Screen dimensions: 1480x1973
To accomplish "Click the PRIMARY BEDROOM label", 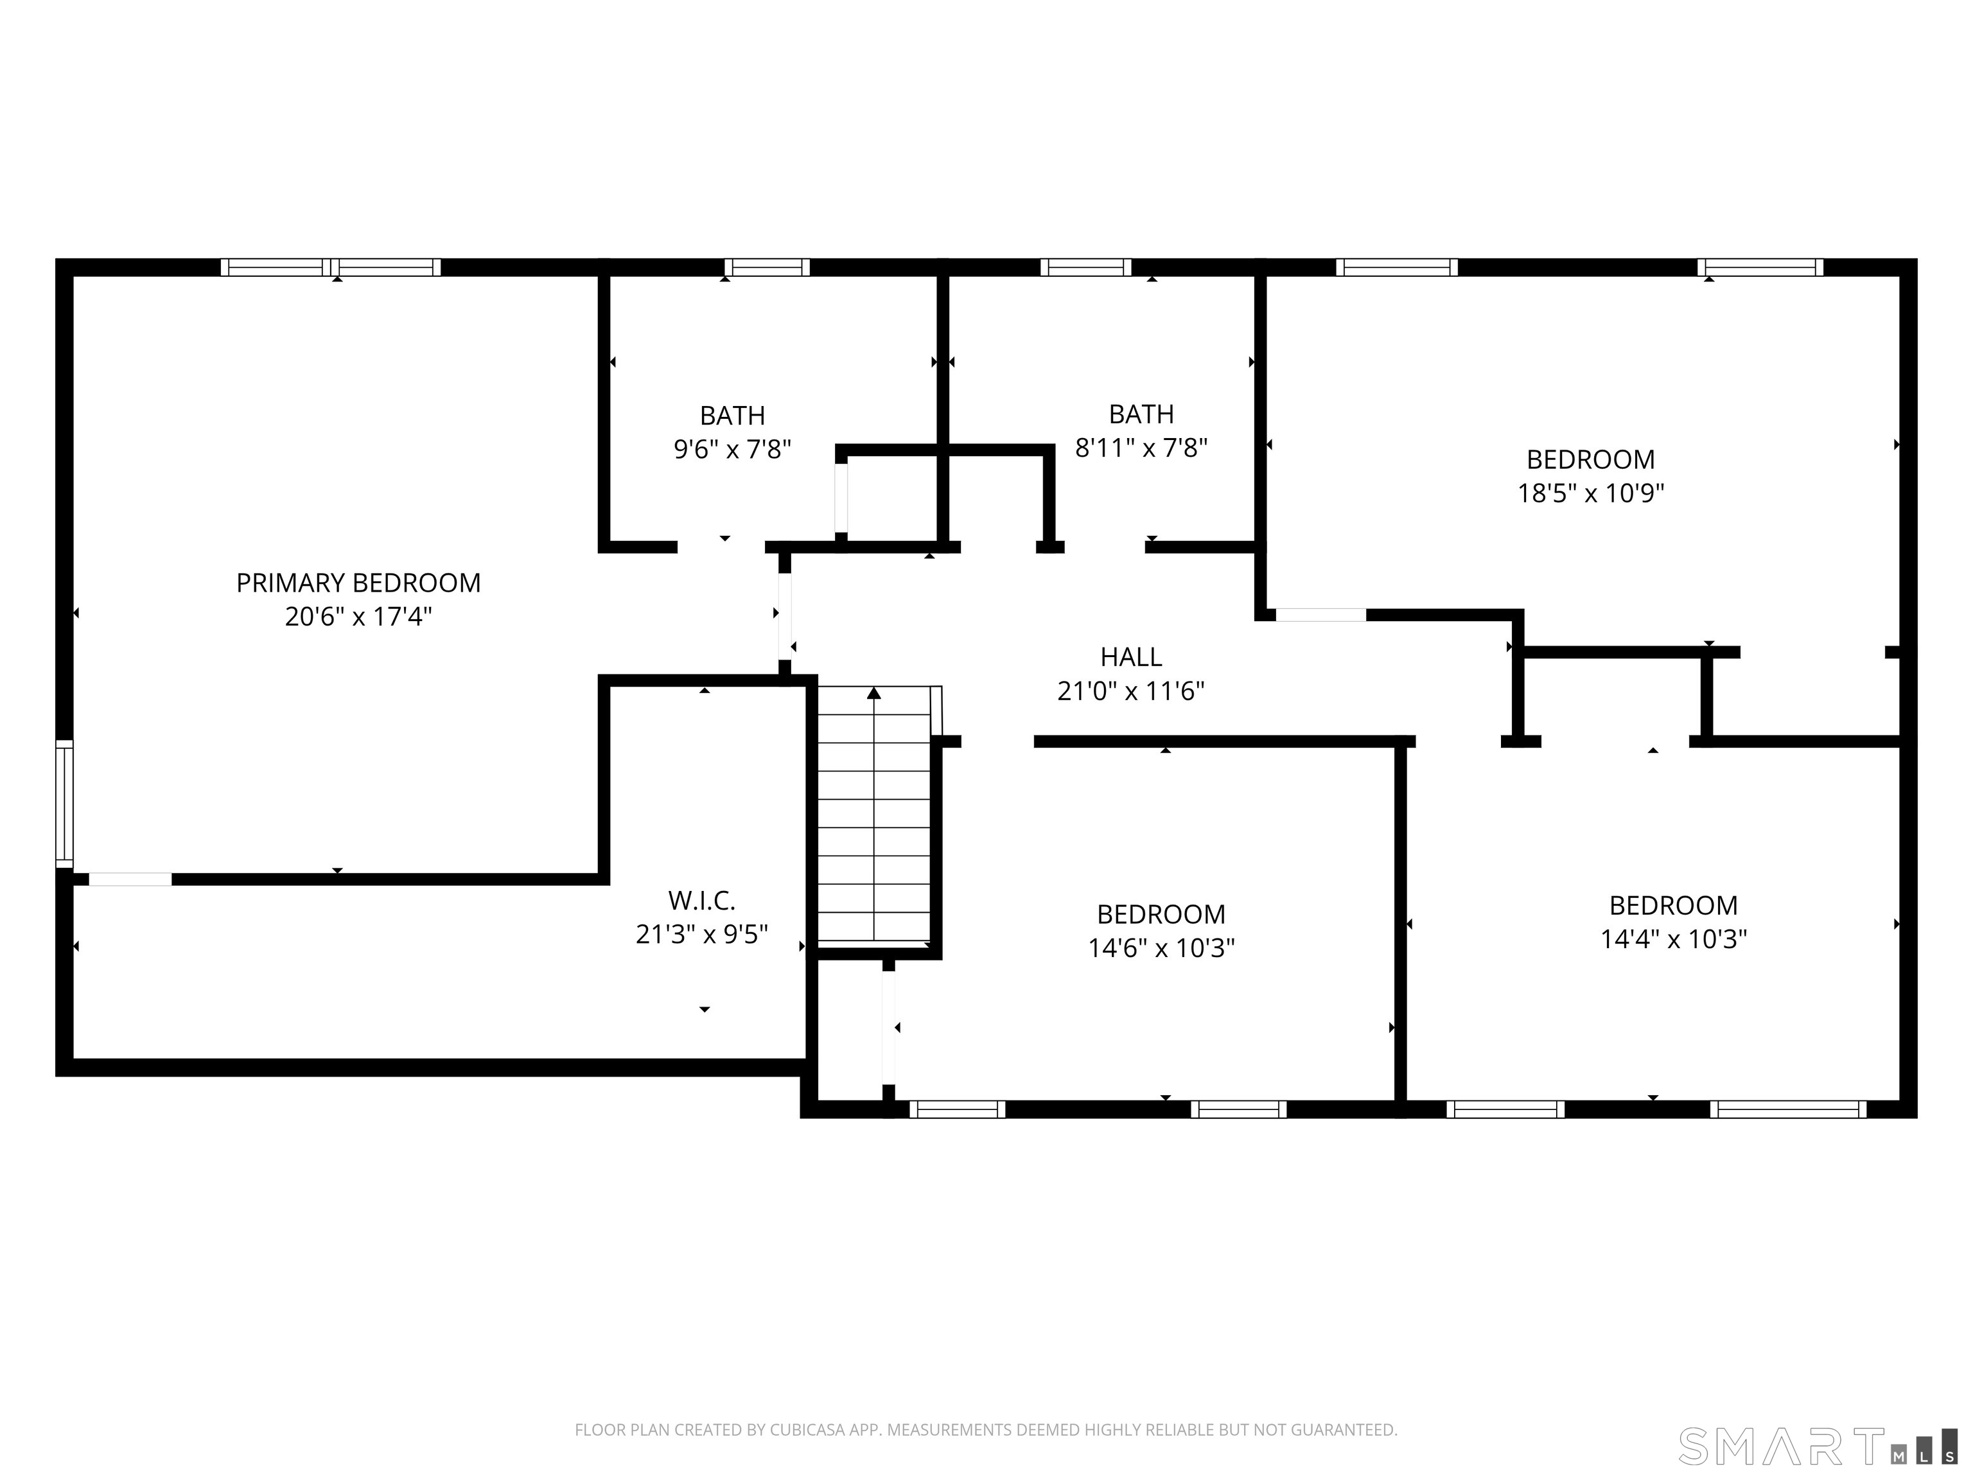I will click(x=358, y=583).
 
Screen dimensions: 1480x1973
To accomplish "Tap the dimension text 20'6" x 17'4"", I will click(x=358, y=617).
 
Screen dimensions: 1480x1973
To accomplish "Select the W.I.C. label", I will click(x=701, y=900).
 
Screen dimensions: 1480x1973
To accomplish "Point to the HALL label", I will click(x=1131, y=658).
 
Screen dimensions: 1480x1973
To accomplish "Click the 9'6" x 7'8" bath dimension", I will click(x=732, y=449).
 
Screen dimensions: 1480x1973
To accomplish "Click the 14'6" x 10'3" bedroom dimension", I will click(x=1161, y=947).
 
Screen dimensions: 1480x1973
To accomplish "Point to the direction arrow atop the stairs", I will click(x=874, y=693).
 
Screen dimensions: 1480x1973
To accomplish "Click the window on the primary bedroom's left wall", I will click(x=64, y=803).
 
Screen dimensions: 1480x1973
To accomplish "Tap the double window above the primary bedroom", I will click(x=331, y=267).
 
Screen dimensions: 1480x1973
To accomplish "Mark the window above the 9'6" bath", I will click(x=766, y=267).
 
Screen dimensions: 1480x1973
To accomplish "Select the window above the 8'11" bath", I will click(x=1085, y=267).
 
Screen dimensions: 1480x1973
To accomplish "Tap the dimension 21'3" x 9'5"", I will click(x=701, y=934).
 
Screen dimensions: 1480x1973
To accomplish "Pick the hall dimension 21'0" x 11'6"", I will click(x=1131, y=691).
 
